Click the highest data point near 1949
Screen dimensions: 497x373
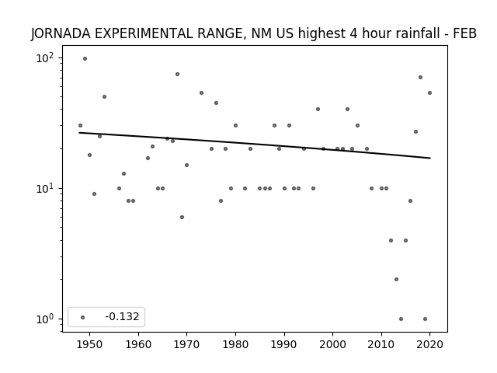click(85, 59)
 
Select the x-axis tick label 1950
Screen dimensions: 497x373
click(90, 344)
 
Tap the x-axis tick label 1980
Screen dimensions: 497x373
click(235, 344)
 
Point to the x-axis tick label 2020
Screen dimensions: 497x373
click(429, 344)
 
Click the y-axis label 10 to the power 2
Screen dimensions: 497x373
click(45, 58)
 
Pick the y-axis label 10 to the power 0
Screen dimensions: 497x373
click(45, 319)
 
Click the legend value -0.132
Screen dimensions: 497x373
click(122, 316)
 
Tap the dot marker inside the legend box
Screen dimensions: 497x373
click(82, 317)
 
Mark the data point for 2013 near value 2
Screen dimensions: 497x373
click(396, 280)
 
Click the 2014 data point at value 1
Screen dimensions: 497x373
click(401, 319)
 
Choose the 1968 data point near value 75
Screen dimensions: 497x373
click(177, 75)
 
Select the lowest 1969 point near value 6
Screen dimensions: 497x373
click(182, 218)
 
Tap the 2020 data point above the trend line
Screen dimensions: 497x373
click(429, 93)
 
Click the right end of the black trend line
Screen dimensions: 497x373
click(430, 158)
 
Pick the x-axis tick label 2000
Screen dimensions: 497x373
click(332, 344)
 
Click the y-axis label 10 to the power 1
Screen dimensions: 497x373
click(45, 189)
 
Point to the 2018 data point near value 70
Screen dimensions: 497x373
click(420, 78)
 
